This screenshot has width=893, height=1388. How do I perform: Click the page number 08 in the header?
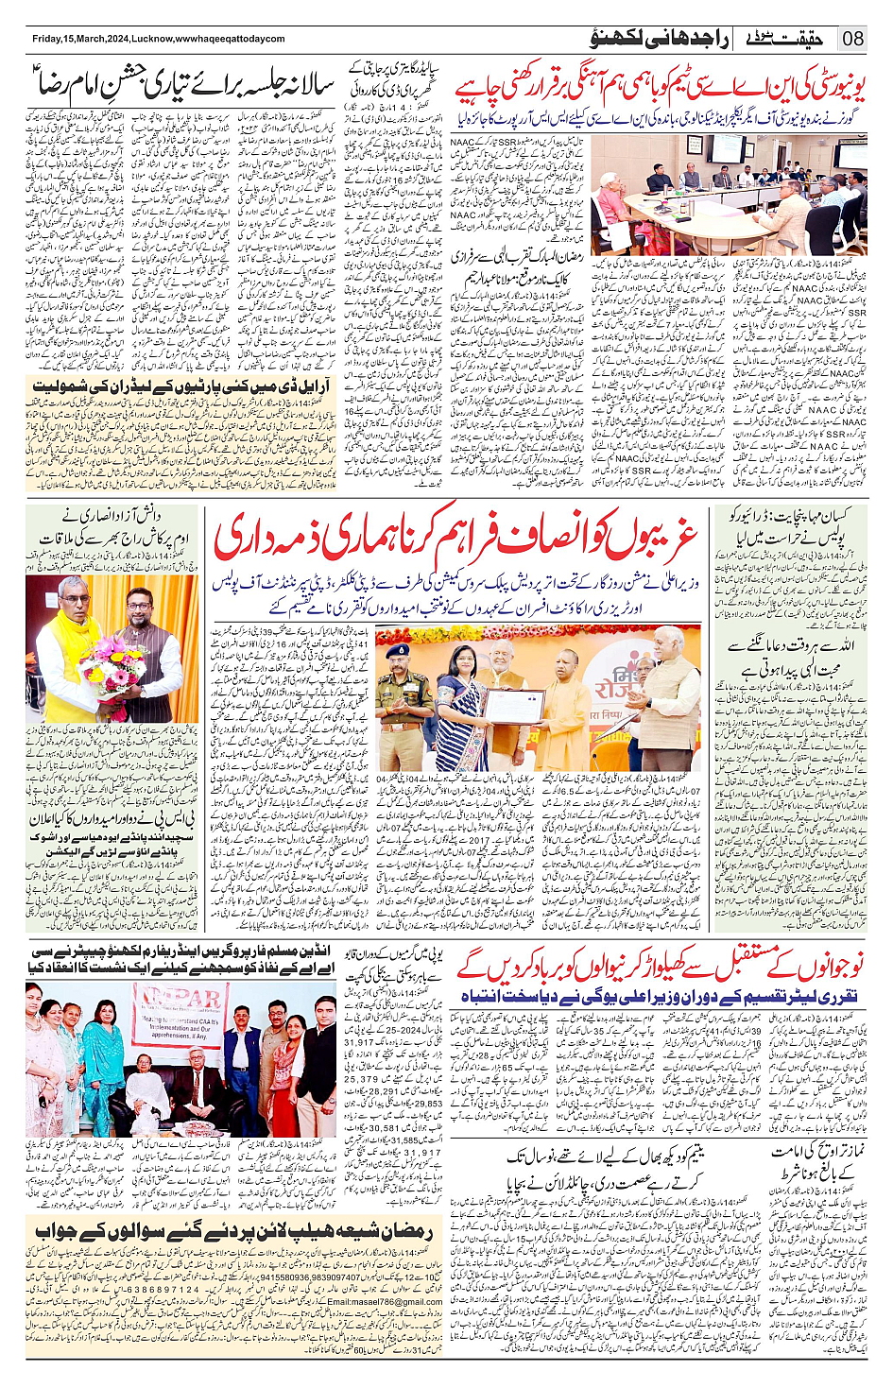pyautogui.click(x=852, y=38)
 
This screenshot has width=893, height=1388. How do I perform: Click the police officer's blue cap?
pyautogui.click(x=398, y=651)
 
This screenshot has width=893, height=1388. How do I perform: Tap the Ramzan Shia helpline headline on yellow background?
pyautogui.click(x=233, y=1231)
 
